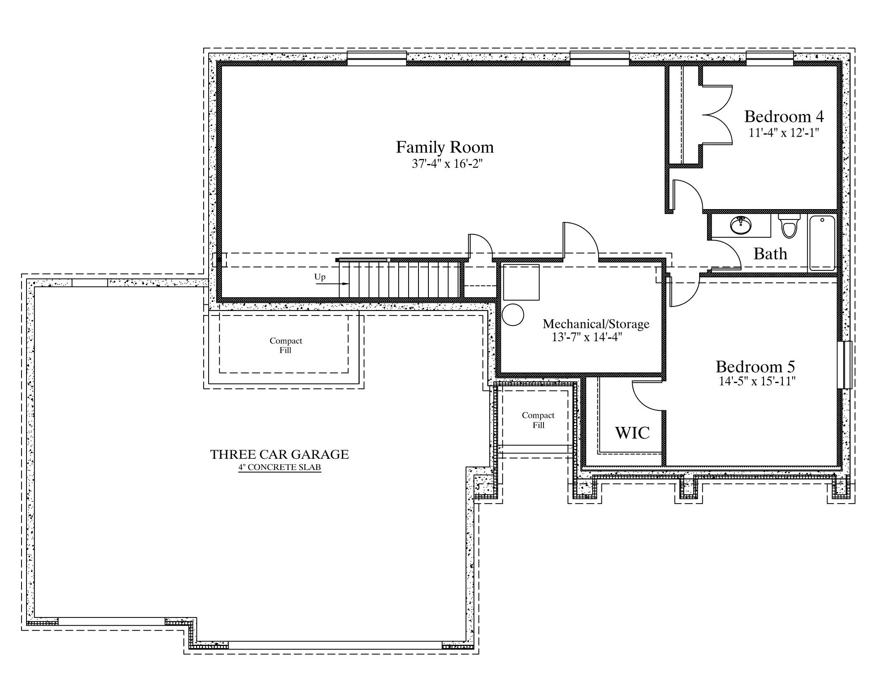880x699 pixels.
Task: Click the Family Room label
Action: (445, 147)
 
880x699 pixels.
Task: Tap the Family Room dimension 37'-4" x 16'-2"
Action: (447, 164)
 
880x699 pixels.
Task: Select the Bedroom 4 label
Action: (784, 117)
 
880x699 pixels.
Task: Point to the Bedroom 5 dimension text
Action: (757, 381)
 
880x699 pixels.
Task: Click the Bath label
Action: (770, 254)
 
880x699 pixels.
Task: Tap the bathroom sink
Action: (741, 226)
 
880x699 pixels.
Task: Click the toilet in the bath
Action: (789, 226)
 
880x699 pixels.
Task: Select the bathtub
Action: (822, 243)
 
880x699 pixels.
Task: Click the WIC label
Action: (632, 433)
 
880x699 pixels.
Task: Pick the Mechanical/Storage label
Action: (596, 324)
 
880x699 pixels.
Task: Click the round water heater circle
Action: (513, 315)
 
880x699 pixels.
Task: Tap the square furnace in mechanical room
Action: (521, 282)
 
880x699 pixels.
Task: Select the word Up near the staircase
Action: (320, 277)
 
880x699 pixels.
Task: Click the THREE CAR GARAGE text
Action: (280, 455)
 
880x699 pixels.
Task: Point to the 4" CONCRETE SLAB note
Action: (280, 468)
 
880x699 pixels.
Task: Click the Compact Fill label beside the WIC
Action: (538, 420)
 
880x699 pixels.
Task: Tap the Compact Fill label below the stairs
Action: (286, 345)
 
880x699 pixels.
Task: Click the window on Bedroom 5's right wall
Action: (844, 365)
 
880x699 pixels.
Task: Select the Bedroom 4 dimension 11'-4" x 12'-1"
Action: (784, 133)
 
